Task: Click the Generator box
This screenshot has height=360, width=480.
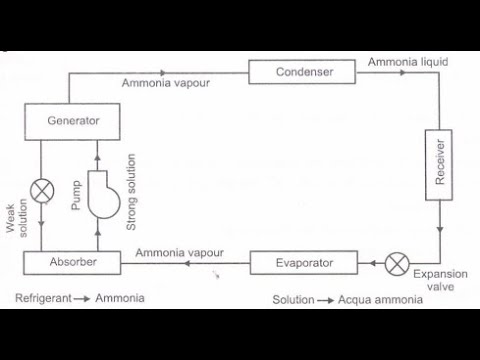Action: (x=75, y=121)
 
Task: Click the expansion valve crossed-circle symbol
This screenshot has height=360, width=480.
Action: (x=397, y=264)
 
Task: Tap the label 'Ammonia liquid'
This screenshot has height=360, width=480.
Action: (x=407, y=62)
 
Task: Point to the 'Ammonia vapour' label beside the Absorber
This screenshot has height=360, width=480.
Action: (x=180, y=253)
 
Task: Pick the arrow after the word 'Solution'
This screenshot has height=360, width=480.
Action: (x=322, y=299)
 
